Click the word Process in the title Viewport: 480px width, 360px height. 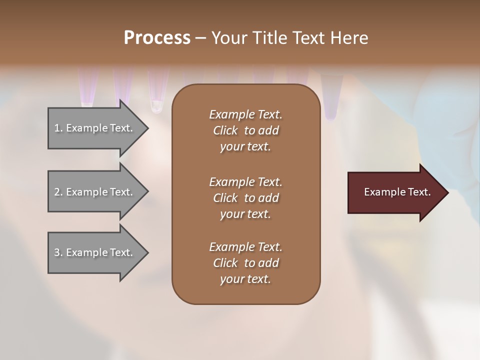[x=157, y=38]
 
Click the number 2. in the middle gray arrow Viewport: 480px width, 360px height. [x=58, y=192]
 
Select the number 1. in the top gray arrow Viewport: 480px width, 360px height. [x=58, y=128]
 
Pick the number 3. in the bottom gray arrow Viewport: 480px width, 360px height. [x=58, y=252]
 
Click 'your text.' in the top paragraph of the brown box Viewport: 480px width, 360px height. [x=245, y=146]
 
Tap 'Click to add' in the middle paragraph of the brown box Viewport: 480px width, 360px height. [x=245, y=198]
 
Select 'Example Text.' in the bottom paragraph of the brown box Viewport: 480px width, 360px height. [x=245, y=247]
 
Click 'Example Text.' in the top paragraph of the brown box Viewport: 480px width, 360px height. [x=245, y=114]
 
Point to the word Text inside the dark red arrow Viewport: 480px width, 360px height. [x=418, y=192]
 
